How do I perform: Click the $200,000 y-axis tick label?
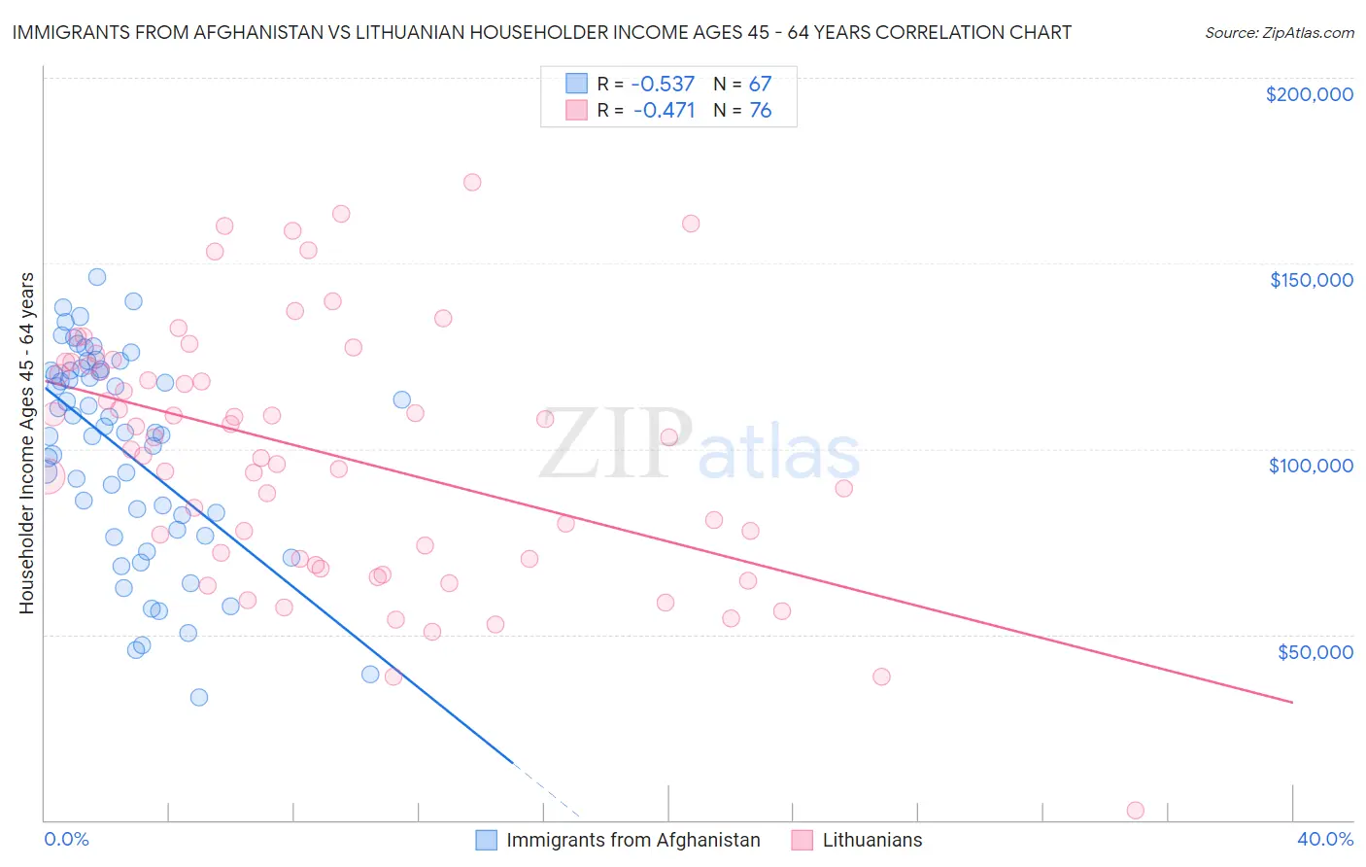click(1309, 94)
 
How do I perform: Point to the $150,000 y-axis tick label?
click(1311, 280)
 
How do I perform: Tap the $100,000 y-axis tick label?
click(1311, 466)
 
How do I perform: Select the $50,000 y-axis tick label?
click(1315, 651)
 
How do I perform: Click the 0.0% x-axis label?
click(66, 839)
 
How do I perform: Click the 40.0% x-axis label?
click(1324, 839)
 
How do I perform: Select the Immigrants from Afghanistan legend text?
click(632, 840)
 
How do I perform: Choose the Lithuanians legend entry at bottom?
click(871, 840)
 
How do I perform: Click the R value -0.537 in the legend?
click(664, 84)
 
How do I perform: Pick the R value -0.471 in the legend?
click(664, 110)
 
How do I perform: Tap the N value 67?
click(760, 84)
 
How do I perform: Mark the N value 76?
click(760, 110)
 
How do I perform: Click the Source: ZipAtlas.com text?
click(1279, 32)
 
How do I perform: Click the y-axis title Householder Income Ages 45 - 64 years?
click(27, 443)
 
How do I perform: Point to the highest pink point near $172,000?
click(472, 182)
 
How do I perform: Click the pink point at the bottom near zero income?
click(1135, 811)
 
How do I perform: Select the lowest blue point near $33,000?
click(199, 697)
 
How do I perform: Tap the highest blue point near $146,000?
click(97, 277)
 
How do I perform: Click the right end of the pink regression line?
click(1292, 702)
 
